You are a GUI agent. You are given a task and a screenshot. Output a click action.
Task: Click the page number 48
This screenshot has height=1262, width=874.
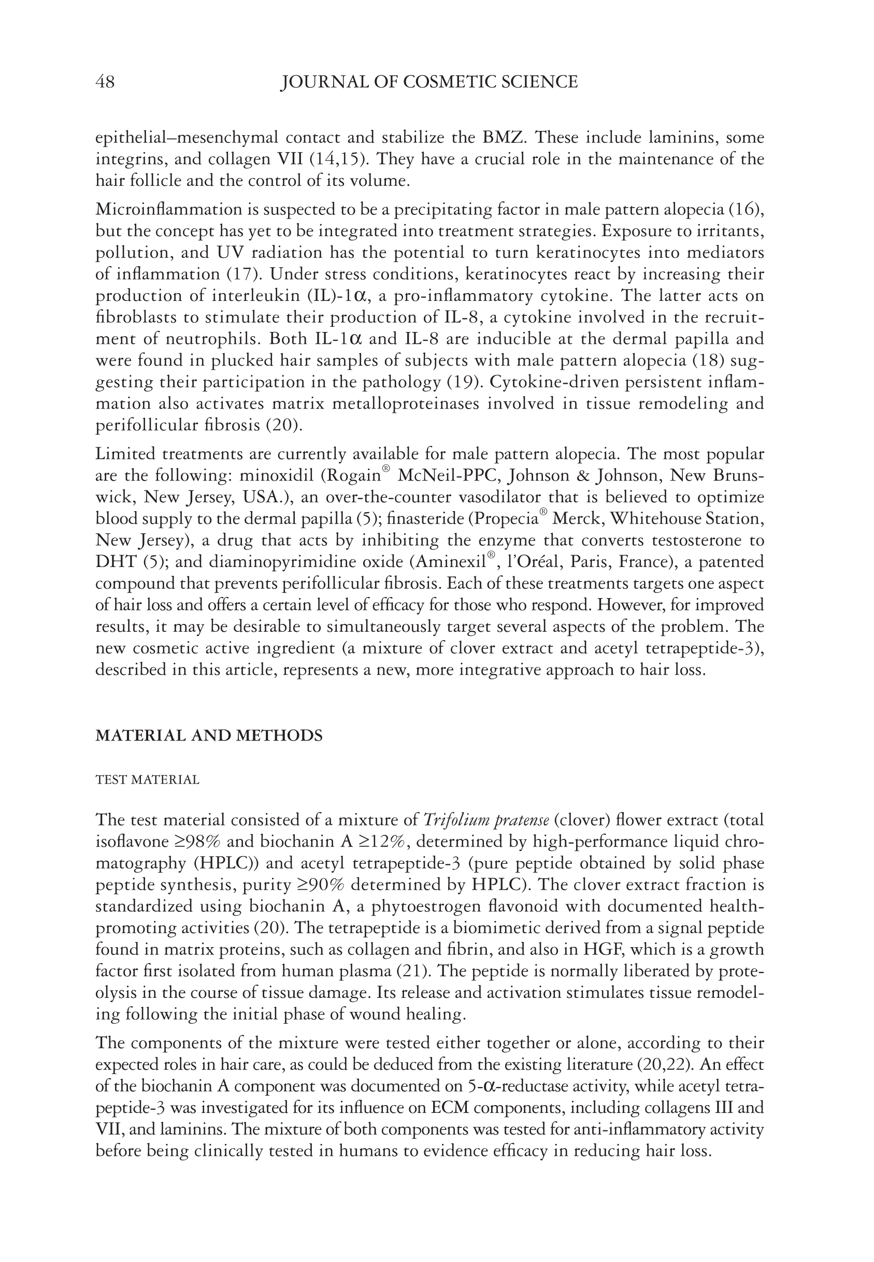point(105,82)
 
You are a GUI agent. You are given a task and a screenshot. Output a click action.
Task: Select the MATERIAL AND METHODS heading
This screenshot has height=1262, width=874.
point(209,735)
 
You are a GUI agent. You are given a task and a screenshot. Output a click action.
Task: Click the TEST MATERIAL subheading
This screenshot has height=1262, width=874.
point(147,780)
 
